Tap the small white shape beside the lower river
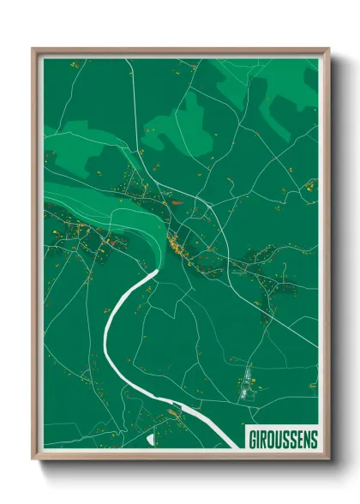[x=152, y=440]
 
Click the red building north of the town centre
[x=177, y=203]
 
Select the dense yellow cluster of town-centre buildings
[x=177, y=246]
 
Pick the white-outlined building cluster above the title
[x=249, y=386]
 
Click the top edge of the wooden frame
[x=180, y=50]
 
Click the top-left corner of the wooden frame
[x=35, y=50]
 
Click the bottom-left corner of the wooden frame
[x=35, y=456]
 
